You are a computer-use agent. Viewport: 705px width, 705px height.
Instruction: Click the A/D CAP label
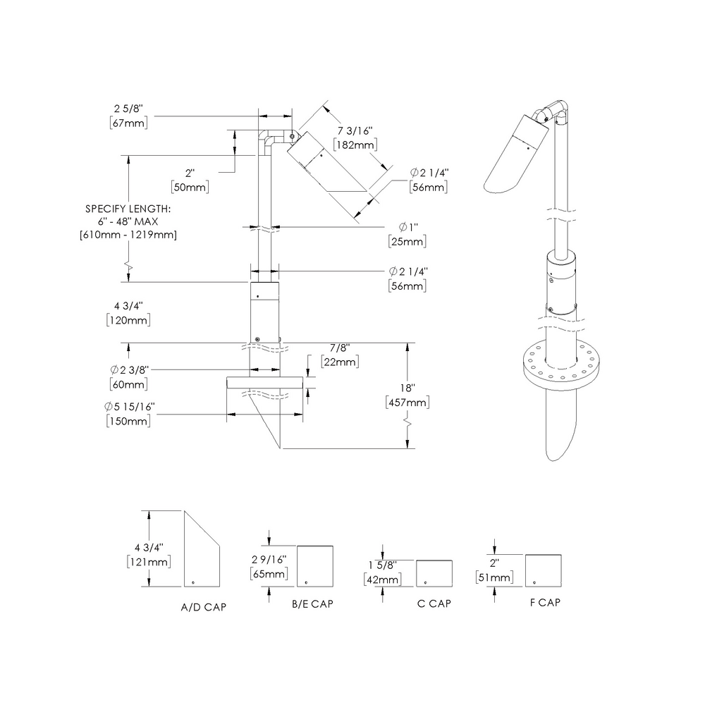pyautogui.click(x=204, y=607)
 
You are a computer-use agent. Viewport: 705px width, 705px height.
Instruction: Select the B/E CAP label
pyautogui.click(x=312, y=604)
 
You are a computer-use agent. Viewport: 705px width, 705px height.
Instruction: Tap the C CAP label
pyautogui.click(x=434, y=603)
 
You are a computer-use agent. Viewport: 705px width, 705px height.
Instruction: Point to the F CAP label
pyautogui.click(x=545, y=603)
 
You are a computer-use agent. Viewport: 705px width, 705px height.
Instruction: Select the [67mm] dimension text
pyautogui.click(x=128, y=123)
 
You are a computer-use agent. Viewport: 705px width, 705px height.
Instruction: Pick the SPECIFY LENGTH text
pyautogui.click(x=128, y=209)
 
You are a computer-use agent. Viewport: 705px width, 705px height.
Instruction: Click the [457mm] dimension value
pyautogui.click(x=407, y=403)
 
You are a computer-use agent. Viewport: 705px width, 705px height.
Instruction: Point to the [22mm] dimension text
pyautogui.click(x=339, y=362)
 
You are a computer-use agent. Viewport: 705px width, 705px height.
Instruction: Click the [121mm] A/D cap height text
pyautogui.click(x=149, y=561)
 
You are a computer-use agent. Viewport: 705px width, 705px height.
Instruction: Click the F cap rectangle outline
pyautogui.click(x=544, y=570)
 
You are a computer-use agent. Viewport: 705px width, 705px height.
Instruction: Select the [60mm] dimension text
pyautogui.click(x=128, y=384)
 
